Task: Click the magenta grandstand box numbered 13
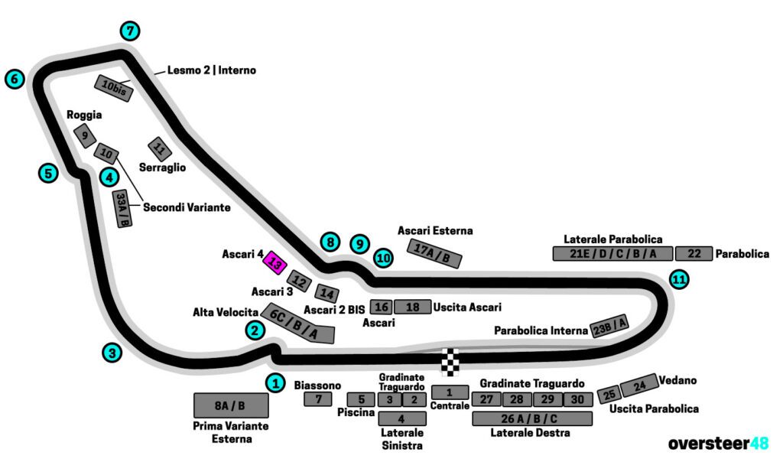(x=275, y=264)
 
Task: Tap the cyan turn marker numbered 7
(x=131, y=31)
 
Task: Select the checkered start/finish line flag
(x=451, y=362)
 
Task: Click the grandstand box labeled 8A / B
(x=230, y=405)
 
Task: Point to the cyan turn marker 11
(x=678, y=280)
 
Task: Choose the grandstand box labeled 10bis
(x=114, y=89)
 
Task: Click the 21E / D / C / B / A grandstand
(x=612, y=254)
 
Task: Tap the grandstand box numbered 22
(x=694, y=254)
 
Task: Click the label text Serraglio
(x=162, y=167)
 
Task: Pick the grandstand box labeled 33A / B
(x=122, y=209)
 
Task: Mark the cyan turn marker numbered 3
(x=112, y=353)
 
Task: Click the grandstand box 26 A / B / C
(x=532, y=418)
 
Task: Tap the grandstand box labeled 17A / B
(x=436, y=253)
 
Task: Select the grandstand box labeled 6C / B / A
(x=298, y=324)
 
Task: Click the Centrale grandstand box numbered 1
(x=450, y=392)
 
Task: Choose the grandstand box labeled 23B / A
(x=609, y=326)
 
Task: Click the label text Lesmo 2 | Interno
(x=211, y=70)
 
